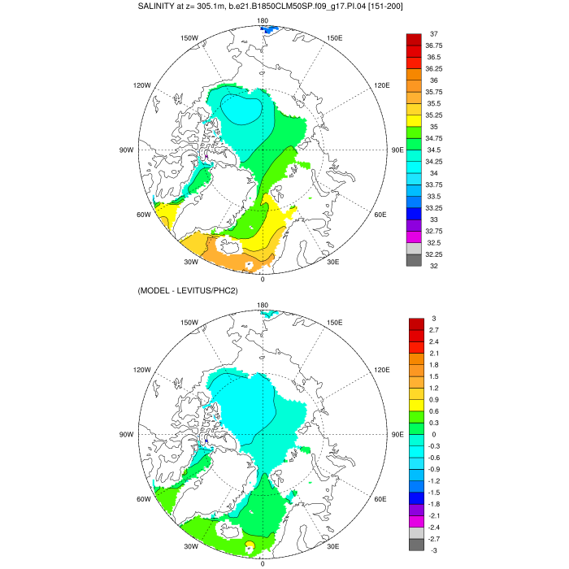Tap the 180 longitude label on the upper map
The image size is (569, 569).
(263, 20)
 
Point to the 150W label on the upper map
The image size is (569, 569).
(190, 38)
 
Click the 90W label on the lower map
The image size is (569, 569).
(126, 435)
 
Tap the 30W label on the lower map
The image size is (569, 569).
(191, 546)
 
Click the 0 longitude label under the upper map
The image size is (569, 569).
(263, 279)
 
